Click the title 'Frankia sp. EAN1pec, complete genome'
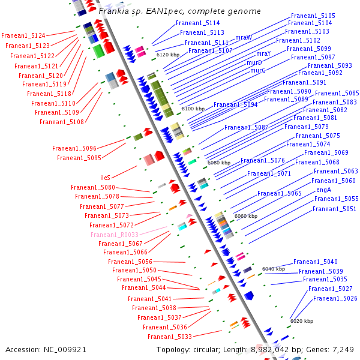(x=179, y=11)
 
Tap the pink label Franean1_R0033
(x=115, y=235)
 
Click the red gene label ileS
(x=105, y=178)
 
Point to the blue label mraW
(x=244, y=37)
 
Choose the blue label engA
(x=323, y=190)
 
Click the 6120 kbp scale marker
(x=168, y=55)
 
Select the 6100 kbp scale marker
(x=193, y=109)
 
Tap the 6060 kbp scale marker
(x=245, y=216)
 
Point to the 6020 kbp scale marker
(x=302, y=321)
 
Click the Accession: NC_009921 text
(x=46, y=349)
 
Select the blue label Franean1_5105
(x=313, y=16)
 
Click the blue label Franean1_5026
(x=335, y=298)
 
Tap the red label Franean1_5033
(x=170, y=337)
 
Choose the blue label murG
(x=258, y=70)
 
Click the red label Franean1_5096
(x=74, y=148)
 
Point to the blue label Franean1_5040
(x=316, y=262)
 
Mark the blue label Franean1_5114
(x=198, y=23)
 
